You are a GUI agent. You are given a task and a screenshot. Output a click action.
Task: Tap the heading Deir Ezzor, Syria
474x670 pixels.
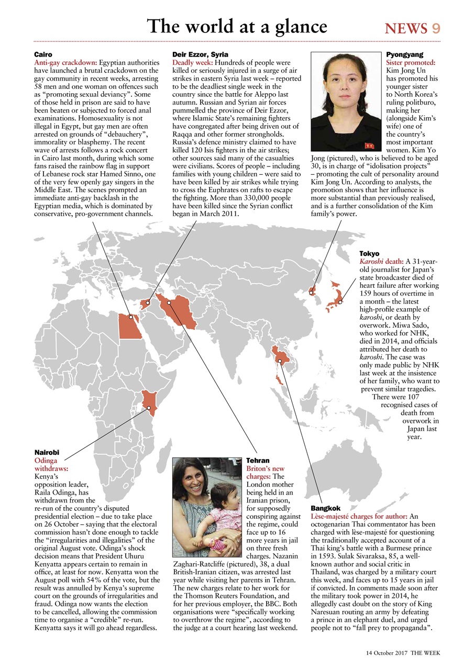coord(200,54)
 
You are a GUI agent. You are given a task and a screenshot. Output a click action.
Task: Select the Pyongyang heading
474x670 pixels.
coord(404,54)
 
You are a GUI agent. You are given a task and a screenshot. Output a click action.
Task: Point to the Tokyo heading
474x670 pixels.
coord(369,254)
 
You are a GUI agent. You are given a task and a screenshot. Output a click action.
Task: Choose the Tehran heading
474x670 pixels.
coord(258,461)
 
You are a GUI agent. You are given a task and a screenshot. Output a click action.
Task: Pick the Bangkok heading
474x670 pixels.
coord(325,508)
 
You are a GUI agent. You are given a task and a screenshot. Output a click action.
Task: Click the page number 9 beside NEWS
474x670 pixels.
coord(436,28)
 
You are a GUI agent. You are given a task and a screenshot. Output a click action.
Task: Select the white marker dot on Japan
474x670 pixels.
coord(340,302)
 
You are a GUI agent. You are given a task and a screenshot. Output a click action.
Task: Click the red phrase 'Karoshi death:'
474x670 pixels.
coord(381,262)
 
